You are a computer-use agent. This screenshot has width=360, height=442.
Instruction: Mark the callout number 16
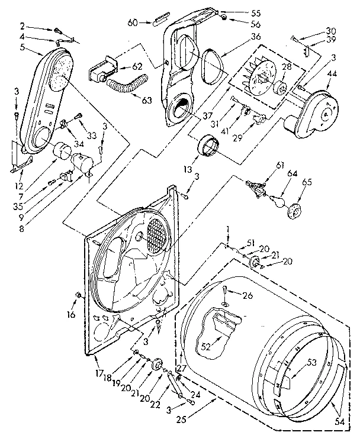[x=72, y=314]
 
